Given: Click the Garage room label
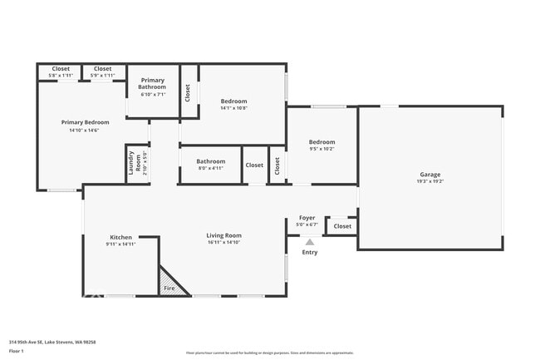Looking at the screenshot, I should pos(430,175).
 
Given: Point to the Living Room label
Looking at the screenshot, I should pos(223,235).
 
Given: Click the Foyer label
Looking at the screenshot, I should pos(307,218).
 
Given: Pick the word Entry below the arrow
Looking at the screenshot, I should pos(309,252).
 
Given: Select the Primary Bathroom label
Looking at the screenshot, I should pos(152,83).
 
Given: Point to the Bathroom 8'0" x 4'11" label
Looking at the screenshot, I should pos(210,161).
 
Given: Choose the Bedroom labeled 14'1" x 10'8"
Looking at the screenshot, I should pos(233,101).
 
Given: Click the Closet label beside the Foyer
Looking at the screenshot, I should pos(342,226).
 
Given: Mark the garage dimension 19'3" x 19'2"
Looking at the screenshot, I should pos(430,181).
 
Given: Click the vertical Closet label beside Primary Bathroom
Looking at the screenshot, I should pos(188,91).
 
